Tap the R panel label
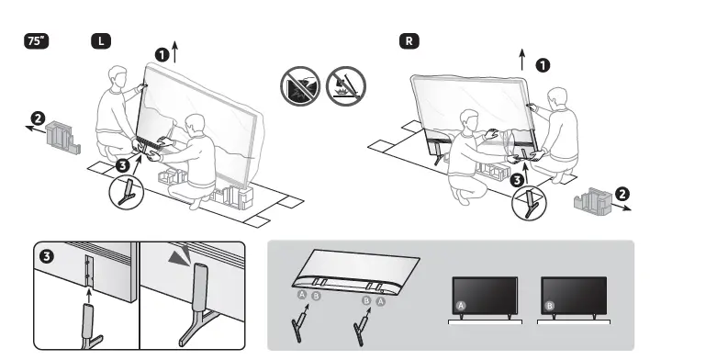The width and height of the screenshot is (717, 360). (409, 41)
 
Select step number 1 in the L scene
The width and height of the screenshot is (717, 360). (162, 55)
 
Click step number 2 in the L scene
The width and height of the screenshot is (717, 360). (37, 118)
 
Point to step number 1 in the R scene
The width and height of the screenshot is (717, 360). (543, 65)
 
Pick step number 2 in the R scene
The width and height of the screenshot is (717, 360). (622, 194)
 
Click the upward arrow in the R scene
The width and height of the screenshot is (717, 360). (522, 60)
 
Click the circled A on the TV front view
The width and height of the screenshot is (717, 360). (462, 304)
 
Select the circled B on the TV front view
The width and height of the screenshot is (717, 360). (550, 304)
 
